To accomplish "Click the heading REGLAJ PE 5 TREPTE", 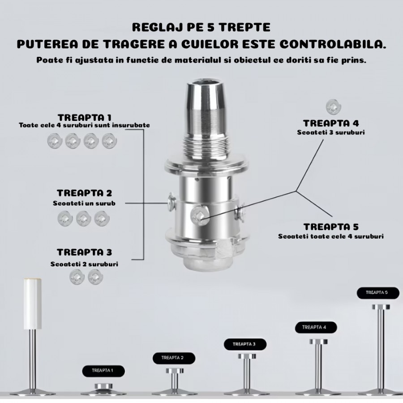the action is point(201,27).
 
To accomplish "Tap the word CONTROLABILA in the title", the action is point(333,44).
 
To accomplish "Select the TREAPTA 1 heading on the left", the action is point(85,117).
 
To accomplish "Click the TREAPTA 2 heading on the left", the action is point(84,193).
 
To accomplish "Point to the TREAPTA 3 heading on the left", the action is point(84,252).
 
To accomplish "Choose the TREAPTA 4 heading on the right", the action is point(331,123).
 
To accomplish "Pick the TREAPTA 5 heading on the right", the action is point(331,227).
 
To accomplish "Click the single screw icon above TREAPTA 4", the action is point(333,107).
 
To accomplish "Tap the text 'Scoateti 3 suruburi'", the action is point(331,133).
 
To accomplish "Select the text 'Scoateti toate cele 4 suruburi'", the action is point(331,236).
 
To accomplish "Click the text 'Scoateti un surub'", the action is point(84,203).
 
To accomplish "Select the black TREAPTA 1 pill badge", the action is point(103,371).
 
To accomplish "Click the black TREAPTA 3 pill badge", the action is point(245,344).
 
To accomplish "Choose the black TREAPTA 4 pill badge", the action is point(316,327).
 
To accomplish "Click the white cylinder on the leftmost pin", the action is point(33,303).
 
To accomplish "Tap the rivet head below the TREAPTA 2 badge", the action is point(175,371).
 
